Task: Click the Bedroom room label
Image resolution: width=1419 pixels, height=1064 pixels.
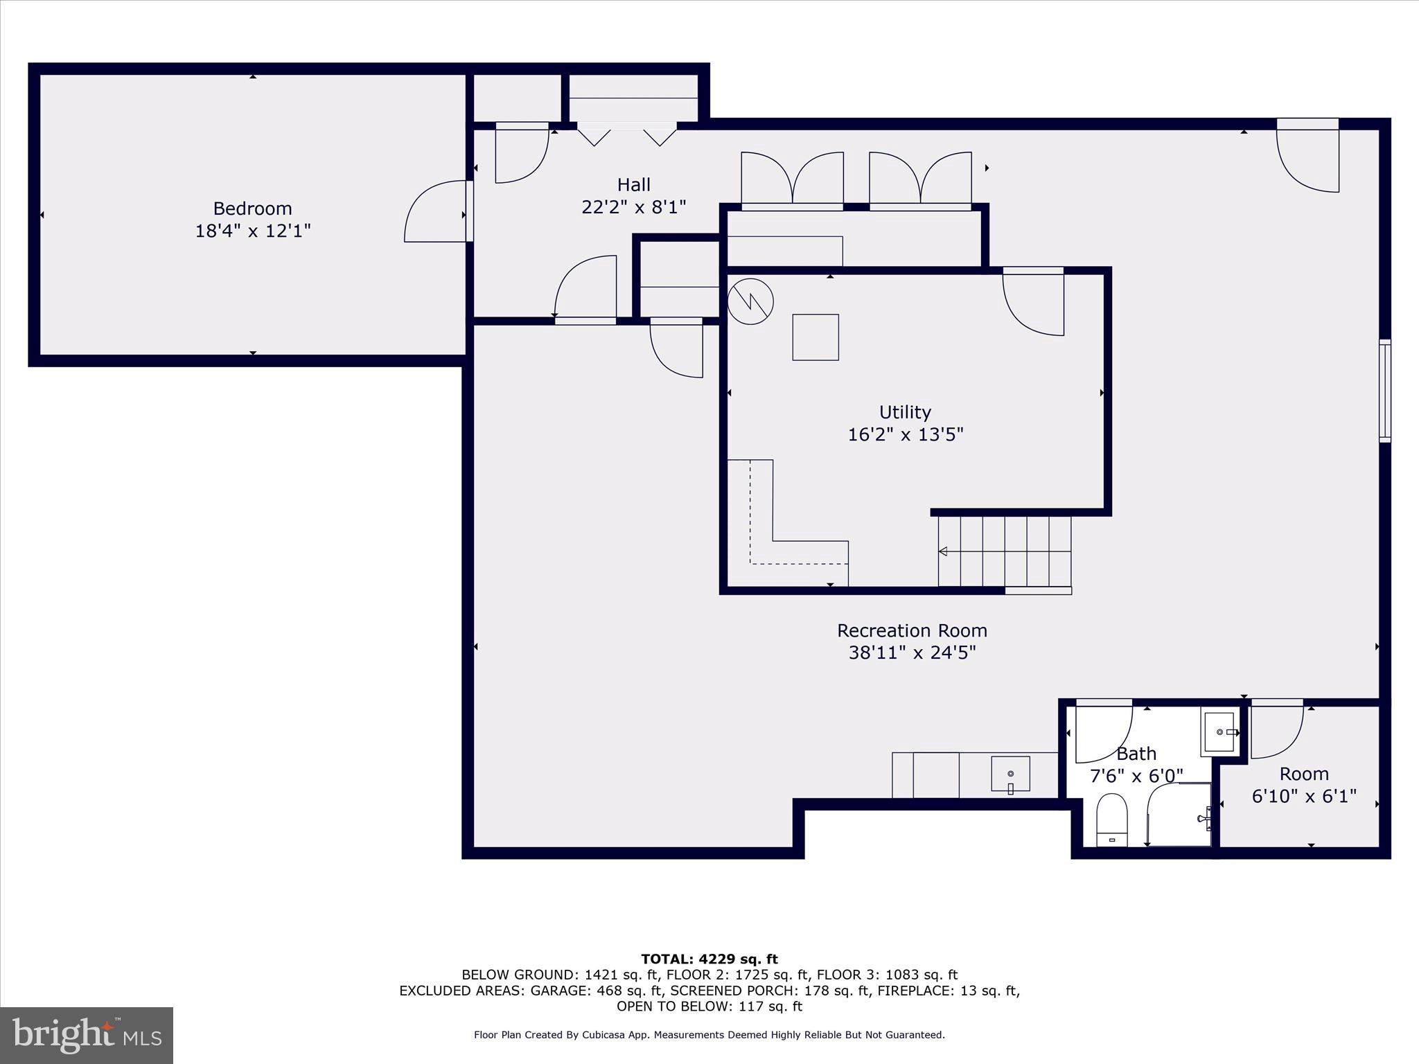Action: [x=252, y=209]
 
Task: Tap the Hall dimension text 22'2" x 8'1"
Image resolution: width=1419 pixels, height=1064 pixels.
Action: [x=633, y=207]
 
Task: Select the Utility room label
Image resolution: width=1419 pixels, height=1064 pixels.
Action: [x=905, y=412]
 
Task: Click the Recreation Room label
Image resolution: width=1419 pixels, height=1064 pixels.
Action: [x=912, y=631]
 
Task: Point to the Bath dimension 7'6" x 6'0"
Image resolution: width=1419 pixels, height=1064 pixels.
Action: [x=1136, y=776]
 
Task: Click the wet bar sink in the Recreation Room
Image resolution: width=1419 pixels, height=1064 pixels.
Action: [x=1010, y=774]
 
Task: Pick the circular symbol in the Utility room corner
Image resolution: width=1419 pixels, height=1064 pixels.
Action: [x=750, y=301]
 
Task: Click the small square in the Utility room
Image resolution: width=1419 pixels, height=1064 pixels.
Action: [x=816, y=337]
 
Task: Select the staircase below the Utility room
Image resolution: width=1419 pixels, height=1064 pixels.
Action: [x=1005, y=551]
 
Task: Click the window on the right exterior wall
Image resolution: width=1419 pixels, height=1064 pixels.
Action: [x=1384, y=391]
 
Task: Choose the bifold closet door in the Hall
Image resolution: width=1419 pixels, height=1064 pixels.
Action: [x=627, y=134]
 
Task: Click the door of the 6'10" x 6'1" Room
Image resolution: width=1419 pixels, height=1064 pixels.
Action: [x=1277, y=731]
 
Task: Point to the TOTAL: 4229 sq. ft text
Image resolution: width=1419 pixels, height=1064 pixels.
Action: [x=709, y=959]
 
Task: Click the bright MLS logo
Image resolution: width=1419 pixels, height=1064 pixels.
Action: [x=87, y=1035]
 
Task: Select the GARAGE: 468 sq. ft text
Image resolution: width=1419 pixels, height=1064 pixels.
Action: [x=597, y=991]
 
